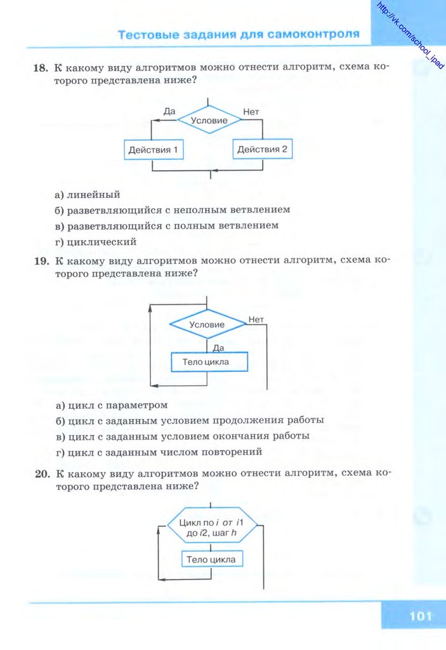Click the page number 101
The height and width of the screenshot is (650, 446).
pos(420,616)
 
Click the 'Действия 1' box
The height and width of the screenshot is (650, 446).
pos(152,150)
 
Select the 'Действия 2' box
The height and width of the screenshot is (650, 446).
pos(262,150)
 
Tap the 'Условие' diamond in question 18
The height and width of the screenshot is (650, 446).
pos(209,120)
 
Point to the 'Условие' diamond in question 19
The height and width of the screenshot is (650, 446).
pos(207,324)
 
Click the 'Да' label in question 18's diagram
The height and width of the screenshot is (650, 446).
pos(169,112)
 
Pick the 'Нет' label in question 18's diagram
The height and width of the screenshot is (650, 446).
pos(251,112)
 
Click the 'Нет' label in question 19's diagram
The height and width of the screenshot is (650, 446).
pos(256,319)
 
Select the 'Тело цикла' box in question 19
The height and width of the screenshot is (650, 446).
pos(209,362)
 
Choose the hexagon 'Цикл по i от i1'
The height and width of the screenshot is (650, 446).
pos(212,527)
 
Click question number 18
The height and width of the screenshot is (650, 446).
pos(41,68)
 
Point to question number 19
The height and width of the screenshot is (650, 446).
pos(41,261)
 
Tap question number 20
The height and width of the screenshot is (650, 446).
pos(41,474)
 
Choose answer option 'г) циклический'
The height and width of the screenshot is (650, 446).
pos(96,242)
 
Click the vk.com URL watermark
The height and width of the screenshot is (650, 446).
pos(409,36)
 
